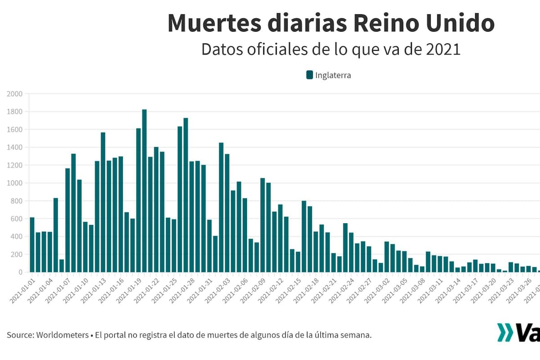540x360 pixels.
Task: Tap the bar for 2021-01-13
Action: tap(103, 202)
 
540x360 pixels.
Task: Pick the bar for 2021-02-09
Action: tap(263, 225)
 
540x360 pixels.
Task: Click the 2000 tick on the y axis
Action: tap(14, 94)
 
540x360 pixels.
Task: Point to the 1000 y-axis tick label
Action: tap(14, 183)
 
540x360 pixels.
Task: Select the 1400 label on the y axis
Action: tap(14, 148)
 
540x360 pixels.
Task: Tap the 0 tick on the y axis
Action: tap(20, 272)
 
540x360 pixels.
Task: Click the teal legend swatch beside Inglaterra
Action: tap(310, 75)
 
